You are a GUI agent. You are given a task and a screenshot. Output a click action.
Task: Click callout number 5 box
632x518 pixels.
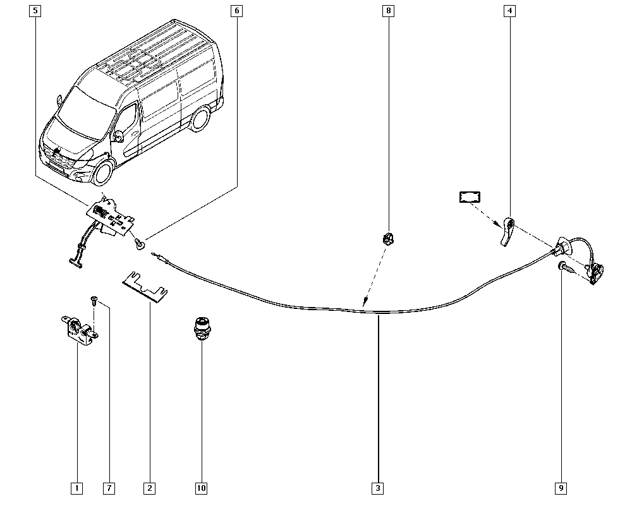pyautogui.click(x=35, y=11)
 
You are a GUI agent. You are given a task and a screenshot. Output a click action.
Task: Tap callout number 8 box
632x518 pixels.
pyautogui.click(x=388, y=11)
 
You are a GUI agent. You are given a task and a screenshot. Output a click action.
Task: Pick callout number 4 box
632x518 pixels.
pyautogui.click(x=509, y=11)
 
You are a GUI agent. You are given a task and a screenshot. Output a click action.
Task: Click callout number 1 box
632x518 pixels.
pyautogui.click(x=76, y=488)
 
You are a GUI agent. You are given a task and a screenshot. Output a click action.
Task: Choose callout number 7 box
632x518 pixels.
pyautogui.click(x=109, y=488)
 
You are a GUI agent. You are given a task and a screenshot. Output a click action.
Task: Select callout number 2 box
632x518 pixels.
pyautogui.click(x=149, y=488)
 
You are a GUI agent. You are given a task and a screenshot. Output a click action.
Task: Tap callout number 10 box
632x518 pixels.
pyautogui.click(x=201, y=488)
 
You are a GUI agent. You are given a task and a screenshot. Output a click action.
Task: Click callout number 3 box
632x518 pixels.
pyautogui.click(x=378, y=488)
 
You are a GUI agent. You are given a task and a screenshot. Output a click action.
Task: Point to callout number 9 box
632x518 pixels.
pyautogui.click(x=561, y=488)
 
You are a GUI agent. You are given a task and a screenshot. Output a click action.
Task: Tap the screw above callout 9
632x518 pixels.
pyautogui.click(x=564, y=268)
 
